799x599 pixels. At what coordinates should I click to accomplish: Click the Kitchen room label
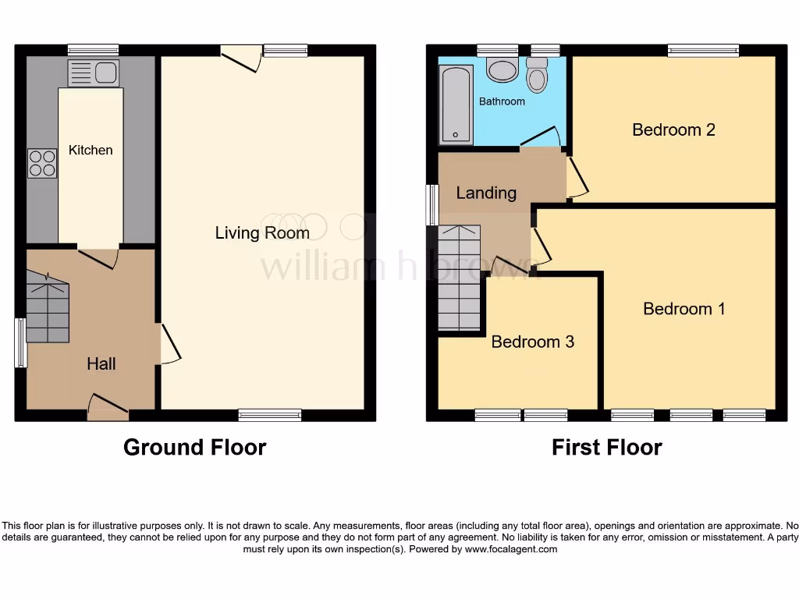pos(91,150)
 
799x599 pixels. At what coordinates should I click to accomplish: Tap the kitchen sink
pos(93,74)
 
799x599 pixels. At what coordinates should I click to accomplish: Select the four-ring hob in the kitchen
pos(42,163)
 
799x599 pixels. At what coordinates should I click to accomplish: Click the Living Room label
pos(262,232)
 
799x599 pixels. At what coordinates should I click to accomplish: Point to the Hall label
pos(101,363)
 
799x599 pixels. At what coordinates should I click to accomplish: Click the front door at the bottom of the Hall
pos(108,406)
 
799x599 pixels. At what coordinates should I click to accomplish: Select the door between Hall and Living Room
pos(169,344)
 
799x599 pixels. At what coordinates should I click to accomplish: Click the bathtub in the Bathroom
pos(456,105)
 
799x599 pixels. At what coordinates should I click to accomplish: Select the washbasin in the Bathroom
pos(501,70)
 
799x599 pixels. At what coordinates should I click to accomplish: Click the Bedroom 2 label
pos(673,129)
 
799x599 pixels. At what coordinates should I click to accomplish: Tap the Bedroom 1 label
pos(684,309)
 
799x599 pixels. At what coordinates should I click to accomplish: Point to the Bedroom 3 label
pos(532,342)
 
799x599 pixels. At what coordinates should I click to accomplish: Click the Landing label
pos(486,193)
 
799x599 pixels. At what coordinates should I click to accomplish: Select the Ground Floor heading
pos(194,447)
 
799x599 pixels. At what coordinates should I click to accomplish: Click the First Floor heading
pos(606,447)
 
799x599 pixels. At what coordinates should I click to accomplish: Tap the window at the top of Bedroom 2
pos(703,51)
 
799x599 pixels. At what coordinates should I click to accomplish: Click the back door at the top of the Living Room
pos(240,58)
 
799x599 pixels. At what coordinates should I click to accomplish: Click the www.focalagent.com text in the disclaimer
pos(512,549)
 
